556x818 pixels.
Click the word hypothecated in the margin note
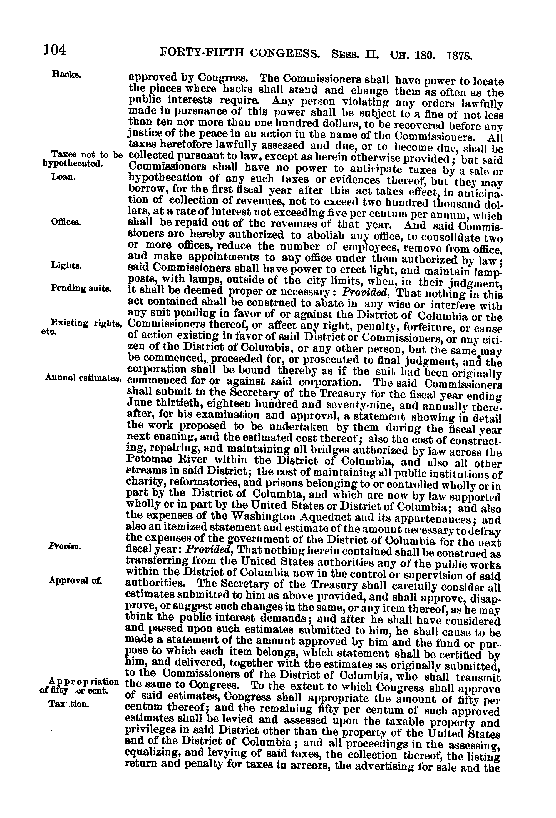coord(72,164)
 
